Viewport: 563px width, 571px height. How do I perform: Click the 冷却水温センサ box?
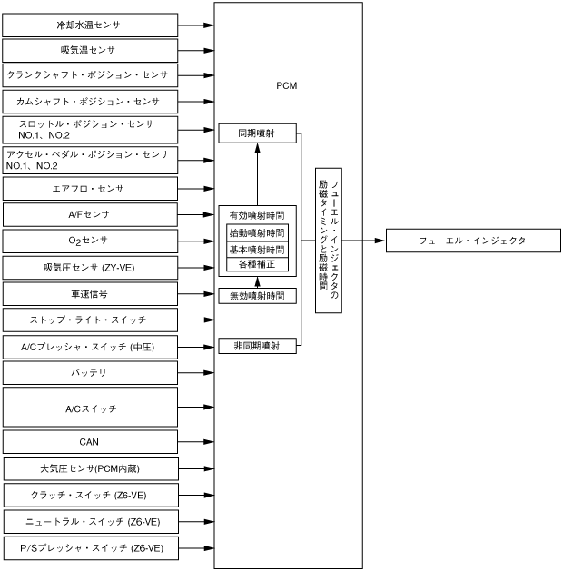coord(89,25)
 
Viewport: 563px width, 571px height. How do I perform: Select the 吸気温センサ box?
coord(89,50)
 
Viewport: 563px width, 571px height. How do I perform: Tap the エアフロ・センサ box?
coord(89,189)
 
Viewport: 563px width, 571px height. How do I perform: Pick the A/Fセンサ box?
coord(89,214)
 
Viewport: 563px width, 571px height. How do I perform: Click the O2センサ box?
coord(89,241)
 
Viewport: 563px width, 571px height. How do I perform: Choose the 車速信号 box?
coord(89,294)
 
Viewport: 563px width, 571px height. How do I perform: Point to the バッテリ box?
coord(89,372)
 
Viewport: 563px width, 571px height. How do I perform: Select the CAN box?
coord(89,442)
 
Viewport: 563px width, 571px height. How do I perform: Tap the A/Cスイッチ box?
coord(89,408)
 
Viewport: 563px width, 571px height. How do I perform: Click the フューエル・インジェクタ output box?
coord(472,241)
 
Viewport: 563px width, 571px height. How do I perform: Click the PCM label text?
coord(287,86)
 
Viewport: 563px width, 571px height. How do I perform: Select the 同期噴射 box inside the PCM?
coord(257,133)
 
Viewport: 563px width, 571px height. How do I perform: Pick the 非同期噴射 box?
coord(257,346)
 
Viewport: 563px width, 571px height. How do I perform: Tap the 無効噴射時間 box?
coord(257,296)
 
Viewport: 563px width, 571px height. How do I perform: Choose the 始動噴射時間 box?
coord(257,232)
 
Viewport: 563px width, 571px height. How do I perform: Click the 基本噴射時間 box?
coord(257,249)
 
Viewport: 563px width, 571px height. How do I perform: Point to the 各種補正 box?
coord(257,265)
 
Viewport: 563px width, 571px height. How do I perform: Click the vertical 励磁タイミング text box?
coord(328,241)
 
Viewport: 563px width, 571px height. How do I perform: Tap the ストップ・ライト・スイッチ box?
coord(89,320)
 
